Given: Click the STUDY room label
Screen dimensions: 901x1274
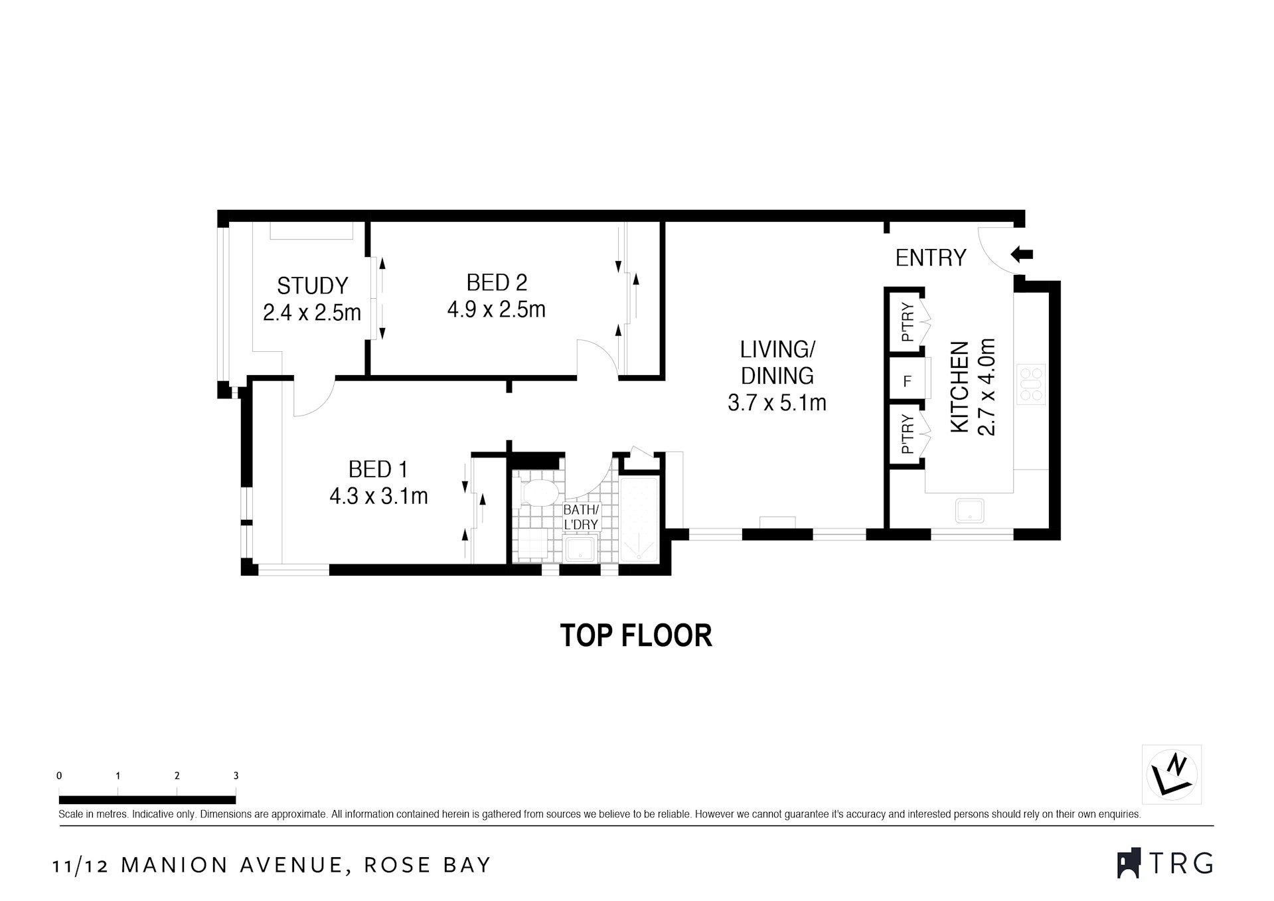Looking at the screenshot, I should [312, 286].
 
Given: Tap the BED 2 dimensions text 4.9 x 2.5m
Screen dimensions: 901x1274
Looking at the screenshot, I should [496, 310].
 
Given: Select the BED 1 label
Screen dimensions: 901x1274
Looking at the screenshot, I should [377, 469].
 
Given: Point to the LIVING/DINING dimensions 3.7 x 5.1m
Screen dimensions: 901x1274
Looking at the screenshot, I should [777, 402].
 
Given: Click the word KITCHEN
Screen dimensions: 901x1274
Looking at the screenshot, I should [960, 387].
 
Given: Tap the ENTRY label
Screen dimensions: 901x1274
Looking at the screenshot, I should [930, 258].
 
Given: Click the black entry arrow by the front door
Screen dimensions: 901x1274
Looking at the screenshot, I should [1022, 254].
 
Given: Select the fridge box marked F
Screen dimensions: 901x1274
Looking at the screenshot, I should [907, 382].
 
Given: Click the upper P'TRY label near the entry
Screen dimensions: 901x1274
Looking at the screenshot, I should [908, 323].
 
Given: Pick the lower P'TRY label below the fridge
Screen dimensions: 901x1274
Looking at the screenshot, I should [908, 435].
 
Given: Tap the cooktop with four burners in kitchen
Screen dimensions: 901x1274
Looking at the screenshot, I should [1030, 384].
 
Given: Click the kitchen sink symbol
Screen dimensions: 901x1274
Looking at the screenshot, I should [969, 511].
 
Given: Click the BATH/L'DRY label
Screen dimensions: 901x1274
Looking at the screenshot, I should [581, 517].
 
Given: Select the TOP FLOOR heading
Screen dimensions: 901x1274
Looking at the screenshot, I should [636, 635].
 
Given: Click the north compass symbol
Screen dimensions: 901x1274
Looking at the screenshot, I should [1172, 774].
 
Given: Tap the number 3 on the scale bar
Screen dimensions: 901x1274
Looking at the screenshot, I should [236, 776].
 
